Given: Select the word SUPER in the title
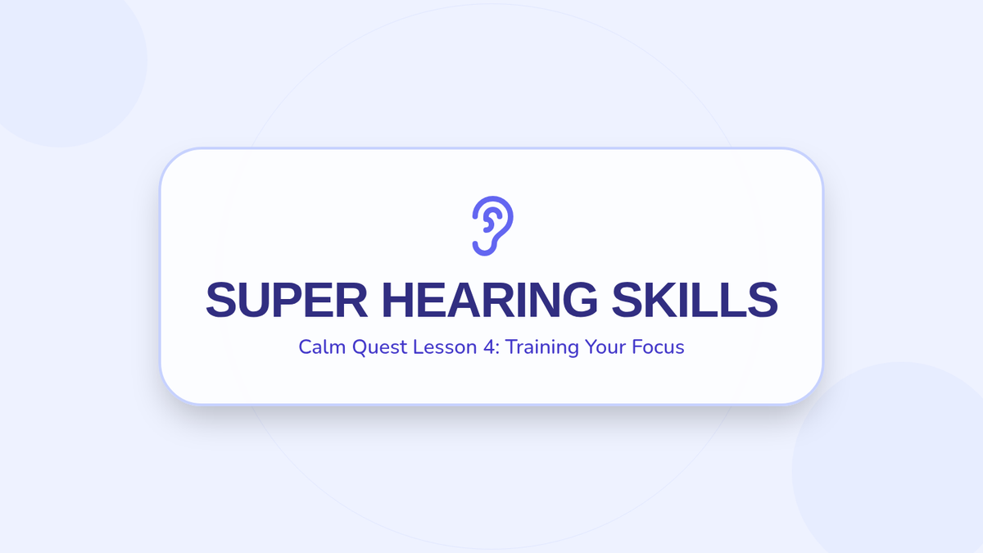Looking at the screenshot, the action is (287, 300).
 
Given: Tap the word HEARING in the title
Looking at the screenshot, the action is (490, 300).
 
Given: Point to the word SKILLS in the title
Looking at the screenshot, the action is (695, 300).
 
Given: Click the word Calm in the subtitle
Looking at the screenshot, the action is (322, 347).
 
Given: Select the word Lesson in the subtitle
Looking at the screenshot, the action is (445, 347).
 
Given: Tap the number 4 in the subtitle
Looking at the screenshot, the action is (489, 347).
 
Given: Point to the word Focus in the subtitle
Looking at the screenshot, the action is (658, 347).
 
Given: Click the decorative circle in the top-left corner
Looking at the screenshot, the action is (61, 61).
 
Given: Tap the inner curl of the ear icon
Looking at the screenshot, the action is (491, 220).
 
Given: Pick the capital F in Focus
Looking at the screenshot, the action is (636, 347).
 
